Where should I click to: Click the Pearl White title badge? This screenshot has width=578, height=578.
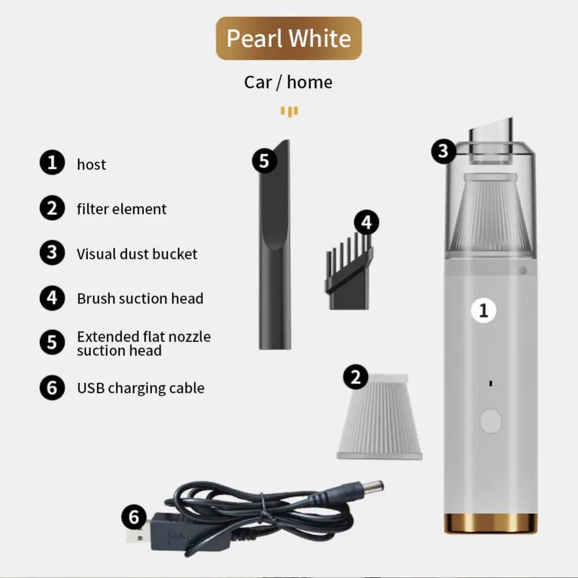(x=288, y=38)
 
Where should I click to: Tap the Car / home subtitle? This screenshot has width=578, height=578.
(x=288, y=82)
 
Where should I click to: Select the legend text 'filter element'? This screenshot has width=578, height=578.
(x=121, y=209)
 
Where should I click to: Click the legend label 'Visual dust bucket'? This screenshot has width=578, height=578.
(x=137, y=254)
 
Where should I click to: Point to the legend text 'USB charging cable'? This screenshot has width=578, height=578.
(x=141, y=388)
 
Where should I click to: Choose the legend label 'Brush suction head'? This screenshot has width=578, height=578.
(x=140, y=299)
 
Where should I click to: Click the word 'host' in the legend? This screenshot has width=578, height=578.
(x=91, y=164)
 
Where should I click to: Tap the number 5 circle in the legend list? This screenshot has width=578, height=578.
(x=53, y=342)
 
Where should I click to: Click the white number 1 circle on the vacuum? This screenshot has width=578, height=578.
(x=484, y=310)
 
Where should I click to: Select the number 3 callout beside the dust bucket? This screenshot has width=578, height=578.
(x=443, y=151)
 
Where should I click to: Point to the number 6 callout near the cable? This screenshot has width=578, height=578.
(x=134, y=517)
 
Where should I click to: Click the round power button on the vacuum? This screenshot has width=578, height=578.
(x=491, y=421)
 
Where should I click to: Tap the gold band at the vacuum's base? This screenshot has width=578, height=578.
(x=491, y=523)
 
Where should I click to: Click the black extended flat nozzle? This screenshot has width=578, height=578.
(x=275, y=244)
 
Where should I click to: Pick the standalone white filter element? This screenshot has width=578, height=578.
(x=379, y=417)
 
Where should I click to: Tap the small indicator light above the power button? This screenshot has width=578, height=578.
(x=490, y=384)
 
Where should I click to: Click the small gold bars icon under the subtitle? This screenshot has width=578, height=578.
(x=290, y=112)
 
